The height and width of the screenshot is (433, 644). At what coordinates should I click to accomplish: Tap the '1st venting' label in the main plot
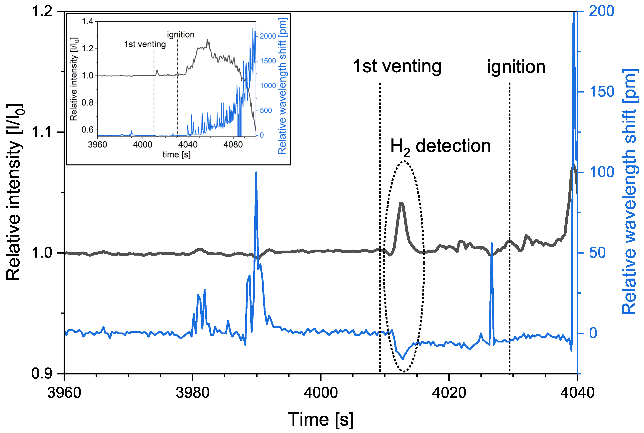click(x=397, y=67)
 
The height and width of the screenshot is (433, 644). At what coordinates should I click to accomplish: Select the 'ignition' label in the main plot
click(x=516, y=67)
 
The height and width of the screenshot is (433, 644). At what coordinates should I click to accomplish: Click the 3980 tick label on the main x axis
click(x=193, y=393)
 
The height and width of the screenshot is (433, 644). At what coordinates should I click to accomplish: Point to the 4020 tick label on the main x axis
click(x=449, y=393)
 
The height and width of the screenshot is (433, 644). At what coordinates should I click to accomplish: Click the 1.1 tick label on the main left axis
click(x=42, y=132)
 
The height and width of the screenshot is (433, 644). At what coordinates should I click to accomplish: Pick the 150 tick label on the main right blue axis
click(x=602, y=92)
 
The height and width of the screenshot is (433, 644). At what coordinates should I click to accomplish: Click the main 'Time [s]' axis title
click(x=321, y=419)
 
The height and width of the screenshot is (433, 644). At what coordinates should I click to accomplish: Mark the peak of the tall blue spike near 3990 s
click(x=256, y=173)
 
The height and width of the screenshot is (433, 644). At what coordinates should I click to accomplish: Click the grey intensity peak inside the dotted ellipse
click(x=401, y=203)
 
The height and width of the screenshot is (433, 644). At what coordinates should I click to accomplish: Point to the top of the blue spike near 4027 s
click(x=491, y=244)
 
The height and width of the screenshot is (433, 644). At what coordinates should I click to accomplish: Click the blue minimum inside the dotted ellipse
click(x=403, y=359)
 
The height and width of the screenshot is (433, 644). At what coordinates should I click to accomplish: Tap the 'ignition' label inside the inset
click(x=181, y=35)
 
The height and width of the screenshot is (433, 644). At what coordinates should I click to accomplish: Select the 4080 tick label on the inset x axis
click(x=233, y=144)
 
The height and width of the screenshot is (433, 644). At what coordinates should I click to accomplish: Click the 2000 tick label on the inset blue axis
click(x=268, y=36)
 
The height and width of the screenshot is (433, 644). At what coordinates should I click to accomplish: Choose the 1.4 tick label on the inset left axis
click(x=88, y=22)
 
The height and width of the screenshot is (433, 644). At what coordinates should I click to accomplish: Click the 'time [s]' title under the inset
click(x=177, y=154)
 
